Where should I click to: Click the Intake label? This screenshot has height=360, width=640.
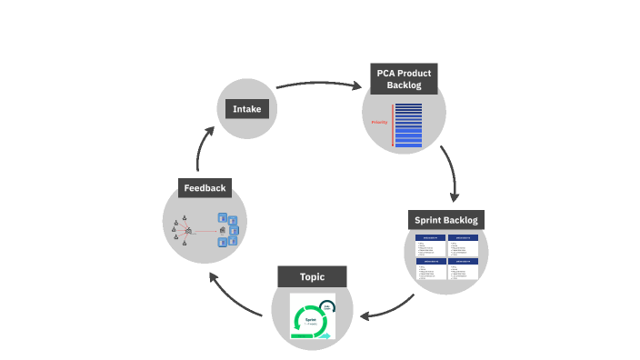tap(247, 109)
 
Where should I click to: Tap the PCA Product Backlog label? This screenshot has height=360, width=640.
tap(403, 78)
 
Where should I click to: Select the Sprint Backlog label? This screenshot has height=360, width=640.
tap(446, 220)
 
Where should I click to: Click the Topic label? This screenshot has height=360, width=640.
tap(312, 276)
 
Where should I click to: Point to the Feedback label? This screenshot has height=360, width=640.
tap(205, 188)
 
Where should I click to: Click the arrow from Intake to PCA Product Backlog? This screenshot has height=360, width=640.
tap(318, 85)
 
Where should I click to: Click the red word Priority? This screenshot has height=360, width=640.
tap(380, 122)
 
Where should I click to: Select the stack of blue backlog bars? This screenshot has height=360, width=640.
tap(409, 125)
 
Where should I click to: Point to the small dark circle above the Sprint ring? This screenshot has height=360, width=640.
tap(326, 306)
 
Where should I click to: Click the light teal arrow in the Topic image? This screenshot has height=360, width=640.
tap(325, 335)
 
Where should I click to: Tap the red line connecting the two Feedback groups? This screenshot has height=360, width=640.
tap(205, 231)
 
